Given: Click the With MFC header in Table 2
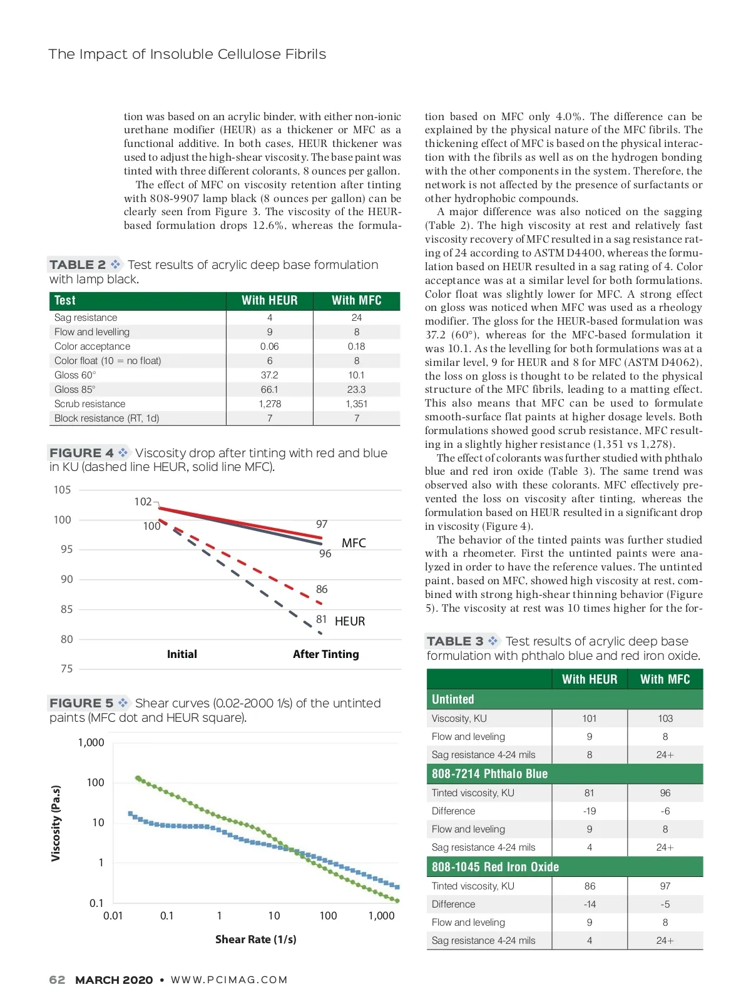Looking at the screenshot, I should coord(356,300).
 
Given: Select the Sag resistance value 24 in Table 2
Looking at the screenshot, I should coord(356,318).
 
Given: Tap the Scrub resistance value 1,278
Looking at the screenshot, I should coord(270,404).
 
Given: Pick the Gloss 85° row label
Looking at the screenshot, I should coord(74,390).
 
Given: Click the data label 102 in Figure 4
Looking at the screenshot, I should coord(143,502).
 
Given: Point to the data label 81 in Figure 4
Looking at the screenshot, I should coord(321,619).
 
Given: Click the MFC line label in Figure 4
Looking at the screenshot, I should coord(354,543).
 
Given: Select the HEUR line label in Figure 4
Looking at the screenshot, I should coord(350,621).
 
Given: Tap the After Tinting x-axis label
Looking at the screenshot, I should coord(325,654).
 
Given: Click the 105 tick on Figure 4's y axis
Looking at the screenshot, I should coord(62,490).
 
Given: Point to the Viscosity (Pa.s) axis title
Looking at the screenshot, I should coord(56,823).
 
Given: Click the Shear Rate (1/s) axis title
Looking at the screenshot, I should coord(255,939).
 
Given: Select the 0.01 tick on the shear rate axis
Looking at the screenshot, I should coord(113,916).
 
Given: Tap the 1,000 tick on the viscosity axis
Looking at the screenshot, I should coord(91,742).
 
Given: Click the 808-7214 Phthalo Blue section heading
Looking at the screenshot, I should coord(489,774).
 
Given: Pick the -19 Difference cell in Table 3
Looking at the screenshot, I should coord(589,811).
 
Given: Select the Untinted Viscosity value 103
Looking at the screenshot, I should coord(665,719).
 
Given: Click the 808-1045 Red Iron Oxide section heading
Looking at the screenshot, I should coord(495,867).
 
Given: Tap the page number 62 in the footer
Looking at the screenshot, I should coord(57,980).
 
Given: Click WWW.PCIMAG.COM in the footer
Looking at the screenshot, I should coord(229,980).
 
